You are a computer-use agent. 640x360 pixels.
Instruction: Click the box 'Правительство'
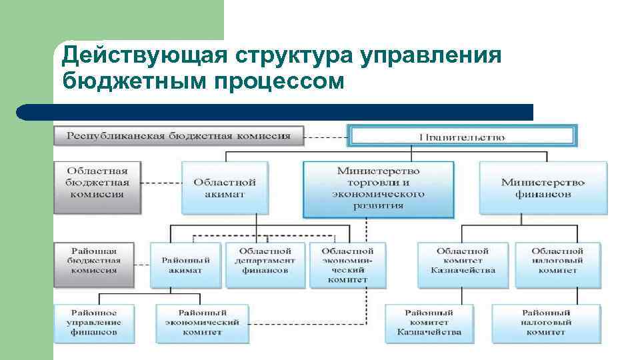(462, 136)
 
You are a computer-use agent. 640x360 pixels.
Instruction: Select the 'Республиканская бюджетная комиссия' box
(179, 136)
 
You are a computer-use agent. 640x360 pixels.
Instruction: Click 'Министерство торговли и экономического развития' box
(378, 189)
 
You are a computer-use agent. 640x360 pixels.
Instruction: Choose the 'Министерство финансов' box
(543, 187)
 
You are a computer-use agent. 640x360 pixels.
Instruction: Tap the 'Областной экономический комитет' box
(347, 265)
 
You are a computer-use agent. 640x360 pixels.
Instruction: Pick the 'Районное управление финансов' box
(95, 321)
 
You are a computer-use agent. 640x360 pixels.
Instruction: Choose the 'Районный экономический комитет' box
(202, 322)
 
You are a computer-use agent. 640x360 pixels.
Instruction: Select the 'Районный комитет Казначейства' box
(429, 322)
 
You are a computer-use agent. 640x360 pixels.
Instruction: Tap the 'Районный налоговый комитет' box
(545, 322)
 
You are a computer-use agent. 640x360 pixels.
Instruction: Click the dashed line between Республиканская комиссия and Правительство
(325, 137)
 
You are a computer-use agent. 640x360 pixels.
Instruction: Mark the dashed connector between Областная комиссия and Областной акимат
(162, 183)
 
